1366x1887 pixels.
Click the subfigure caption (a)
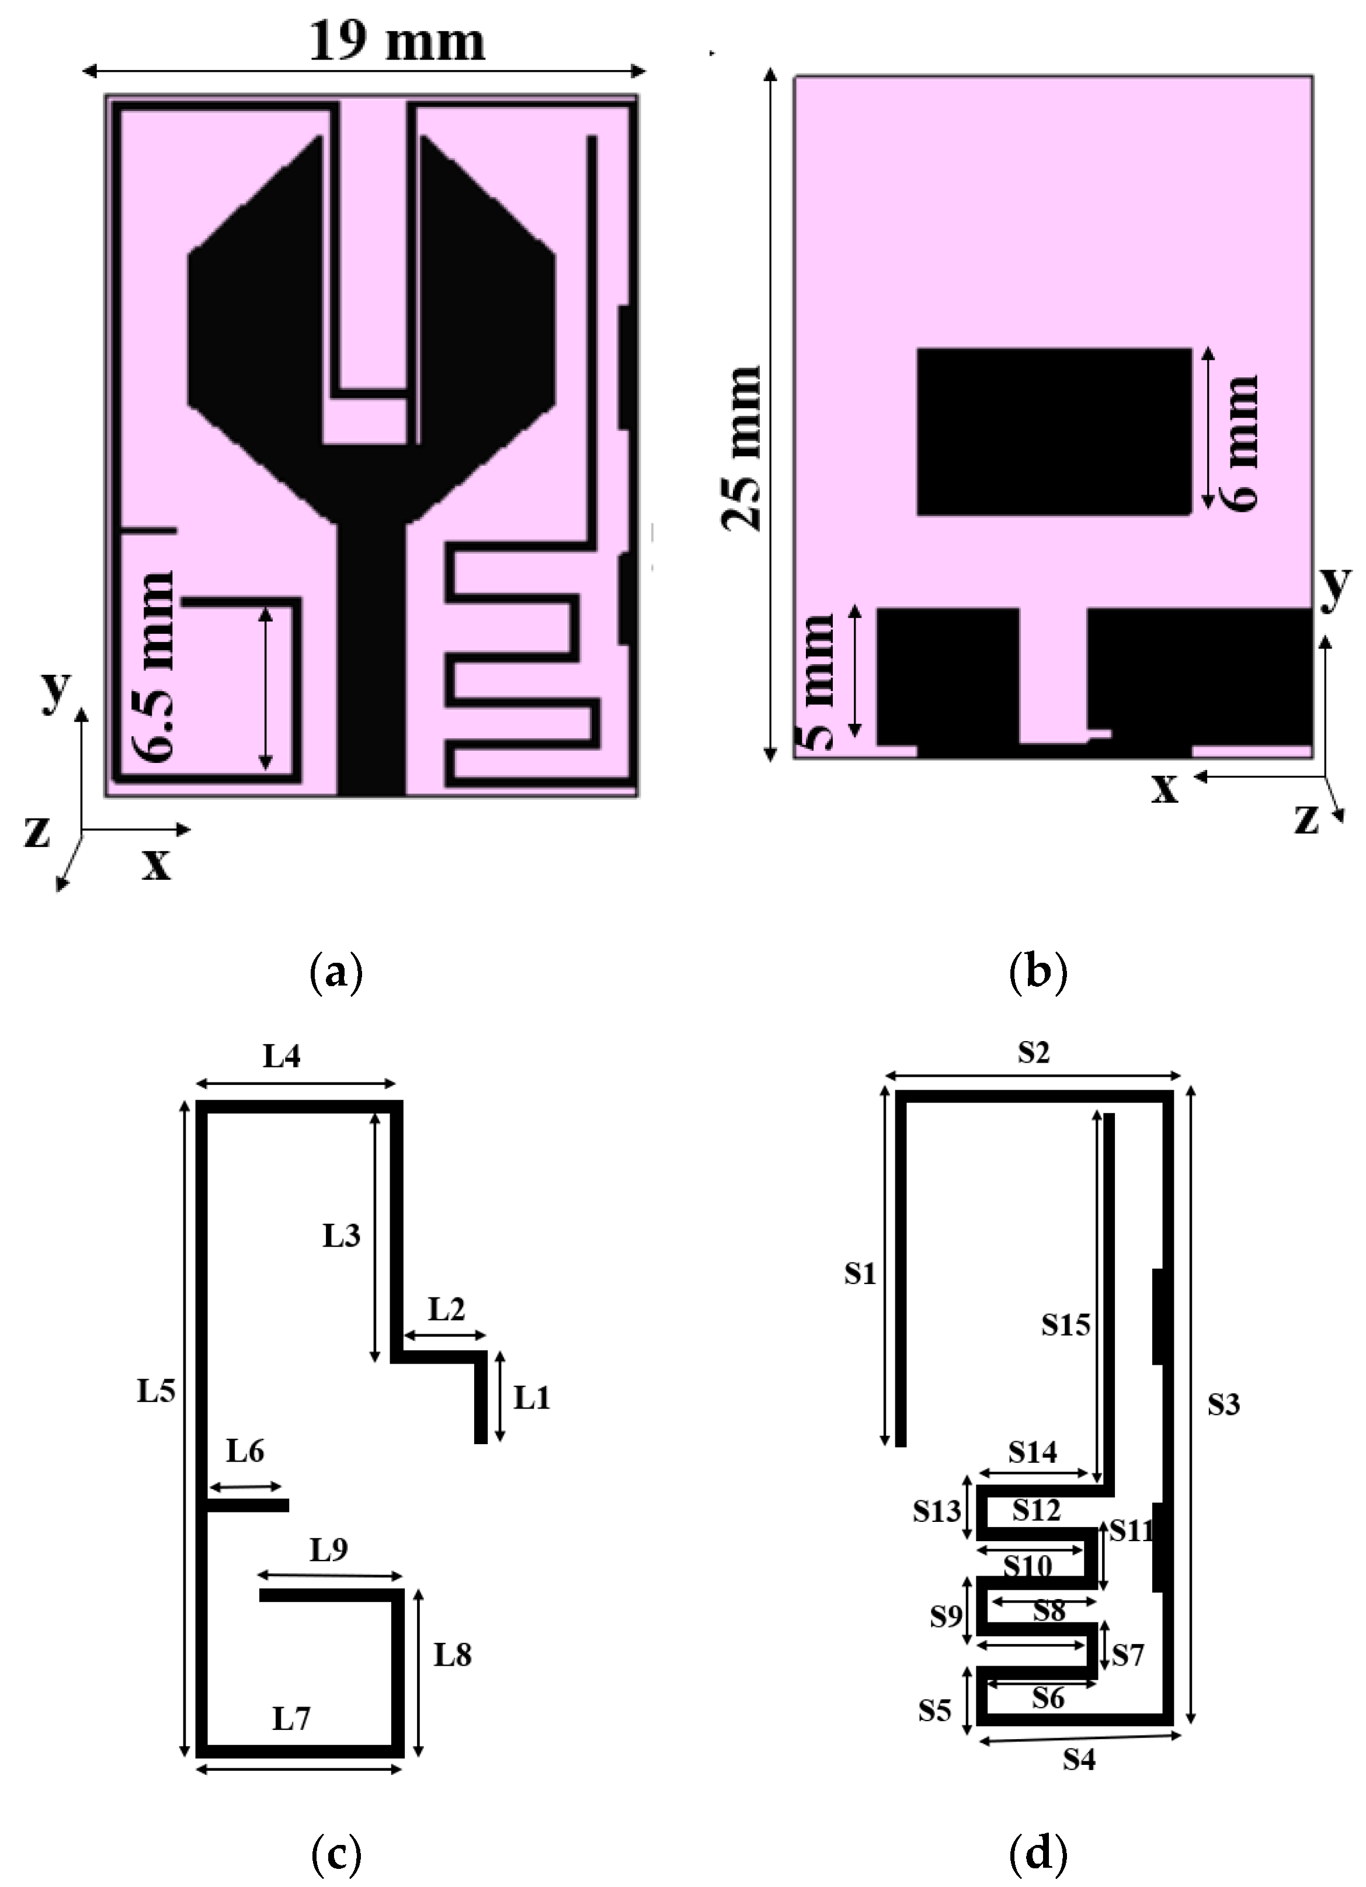click(x=336, y=971)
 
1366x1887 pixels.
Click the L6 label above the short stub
click(x=245, y=1452)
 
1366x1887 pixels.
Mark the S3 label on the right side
click(x=1224, y=1405)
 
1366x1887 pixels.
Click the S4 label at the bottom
click(x=1080, y=1760)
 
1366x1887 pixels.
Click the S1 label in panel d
click(x=860, y=1274)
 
